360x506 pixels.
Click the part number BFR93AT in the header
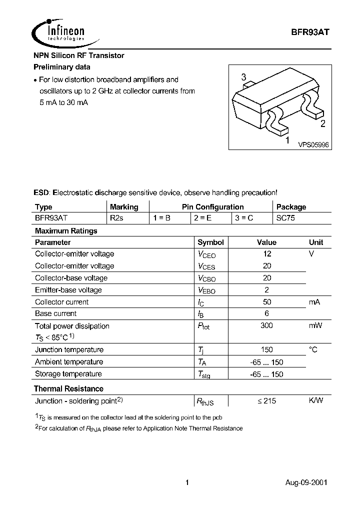[310, 31]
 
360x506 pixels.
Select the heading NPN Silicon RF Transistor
[78, 55]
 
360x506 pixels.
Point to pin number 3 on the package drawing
[243, 77]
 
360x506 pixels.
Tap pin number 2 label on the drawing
[322, 124]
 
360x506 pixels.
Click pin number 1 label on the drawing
[287, 141]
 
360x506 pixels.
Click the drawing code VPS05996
[313, 144]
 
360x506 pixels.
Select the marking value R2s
[116, 218]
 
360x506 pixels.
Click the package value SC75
[286, 218]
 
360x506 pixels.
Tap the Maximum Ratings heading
[65, 230]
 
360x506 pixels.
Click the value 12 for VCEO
[267, 254]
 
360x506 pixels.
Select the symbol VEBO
[206, 290]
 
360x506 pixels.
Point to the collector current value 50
[267, 302]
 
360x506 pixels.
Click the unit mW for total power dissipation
[315, 325]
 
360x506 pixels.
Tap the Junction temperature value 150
[267, 349]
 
